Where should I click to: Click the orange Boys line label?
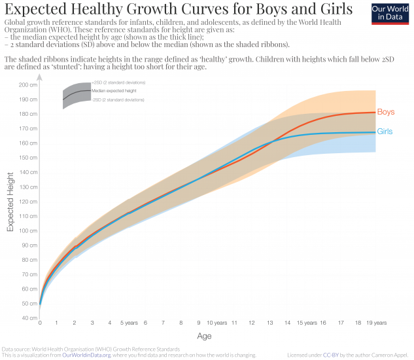tap(385, 112)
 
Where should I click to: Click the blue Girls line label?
tap(385, 132)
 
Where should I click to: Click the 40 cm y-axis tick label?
tap(29, 317)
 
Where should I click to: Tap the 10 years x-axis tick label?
tap(216, 323)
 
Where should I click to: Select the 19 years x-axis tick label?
tap(376, 323)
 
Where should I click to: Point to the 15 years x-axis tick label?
tap(307, 323)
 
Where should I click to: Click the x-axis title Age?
tap(204, 336)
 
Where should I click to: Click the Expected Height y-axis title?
tap(10, 202)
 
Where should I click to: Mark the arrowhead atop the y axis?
tap(40, 77)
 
